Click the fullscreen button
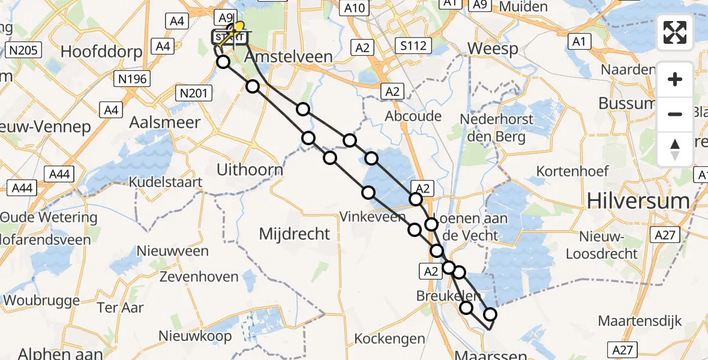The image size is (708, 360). click(675, 32)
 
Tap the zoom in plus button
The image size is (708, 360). click(675, 79)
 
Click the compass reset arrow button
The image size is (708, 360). click(675, 149)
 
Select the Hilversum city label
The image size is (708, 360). click(638, 200)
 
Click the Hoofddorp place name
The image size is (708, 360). click(100, 52)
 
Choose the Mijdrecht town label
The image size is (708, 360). click(295, 233)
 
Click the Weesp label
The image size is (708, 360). click(493, 49)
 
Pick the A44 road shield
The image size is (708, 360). click(59, 174)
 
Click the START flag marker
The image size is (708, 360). click(229, 38)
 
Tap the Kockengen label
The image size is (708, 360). click(390, 338)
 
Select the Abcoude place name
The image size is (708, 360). click(414, 116)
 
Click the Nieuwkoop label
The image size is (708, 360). click(195, 336)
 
